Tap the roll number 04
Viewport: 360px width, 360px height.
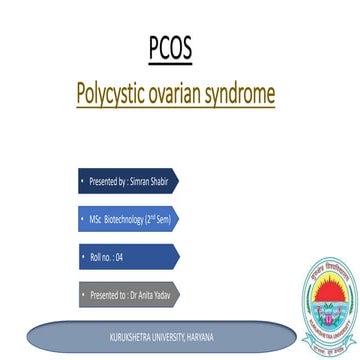click(x=119, y=257)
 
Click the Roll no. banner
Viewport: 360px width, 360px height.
click(x=128, y=257)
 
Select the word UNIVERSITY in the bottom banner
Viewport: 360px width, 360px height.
click(x=163, y=336)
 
